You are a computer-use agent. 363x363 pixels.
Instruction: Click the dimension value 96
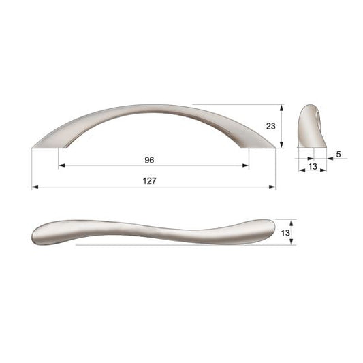pos(149,160)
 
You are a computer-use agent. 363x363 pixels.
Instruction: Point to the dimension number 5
pos(338,154)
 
